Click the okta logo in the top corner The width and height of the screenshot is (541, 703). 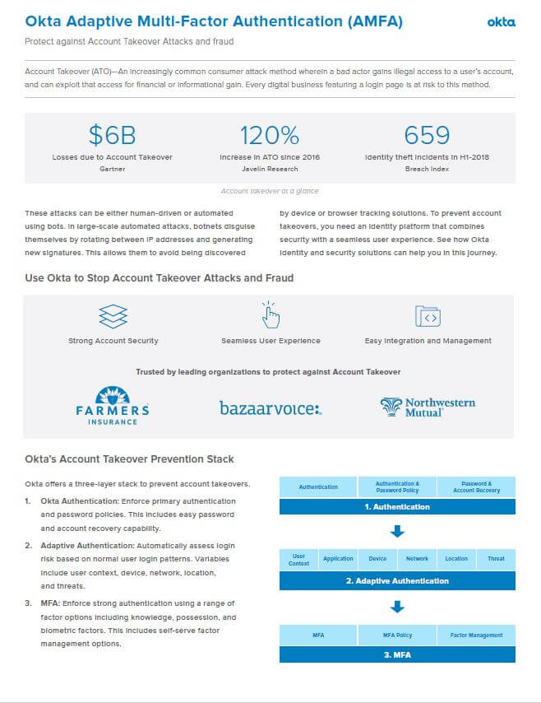tap(501, 22)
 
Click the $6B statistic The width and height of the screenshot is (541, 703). tap(112, 135)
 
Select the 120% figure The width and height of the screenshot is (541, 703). tap(269, 135)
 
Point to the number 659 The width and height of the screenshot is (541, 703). tap(427, 135)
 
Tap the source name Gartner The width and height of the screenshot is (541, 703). tap(112, 169)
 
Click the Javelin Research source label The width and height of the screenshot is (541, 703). tap(269, 169)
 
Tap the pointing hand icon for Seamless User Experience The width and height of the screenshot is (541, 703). tap(270, 314)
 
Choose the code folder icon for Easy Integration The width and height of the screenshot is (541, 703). tap(428, 316)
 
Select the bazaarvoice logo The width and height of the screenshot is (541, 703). tap(270, 407)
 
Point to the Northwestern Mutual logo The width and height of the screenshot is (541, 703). tap(428, 407)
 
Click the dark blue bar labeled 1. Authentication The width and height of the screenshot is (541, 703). tap(397, 506)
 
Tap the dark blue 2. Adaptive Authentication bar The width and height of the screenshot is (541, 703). tap(397, 580)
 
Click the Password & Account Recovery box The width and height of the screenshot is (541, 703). tap(475, 487)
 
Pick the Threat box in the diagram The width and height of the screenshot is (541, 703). tap(496, 559)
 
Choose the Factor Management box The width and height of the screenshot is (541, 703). tap(476, 635)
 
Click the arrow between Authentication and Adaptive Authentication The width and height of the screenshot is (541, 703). tap(397, 532)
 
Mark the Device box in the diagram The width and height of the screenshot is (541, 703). tap(377, 559)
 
